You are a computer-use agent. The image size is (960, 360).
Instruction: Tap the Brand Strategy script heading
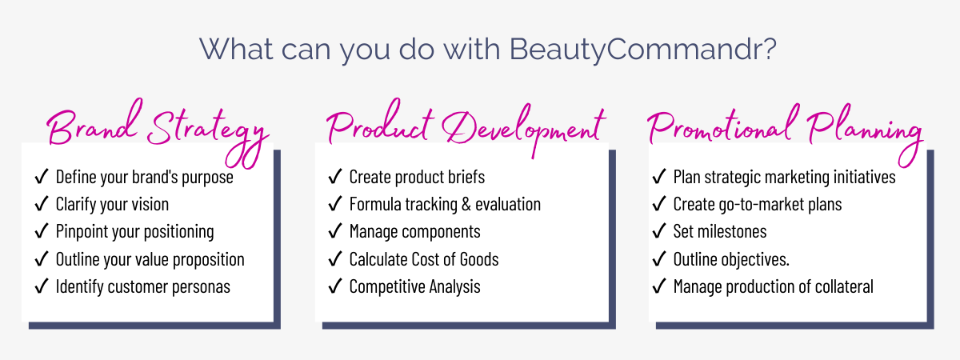click(x=155, y=129)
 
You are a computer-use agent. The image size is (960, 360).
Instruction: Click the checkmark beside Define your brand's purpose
click(x=42, y=177)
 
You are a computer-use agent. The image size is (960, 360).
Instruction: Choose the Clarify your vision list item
click(x=112, y=204)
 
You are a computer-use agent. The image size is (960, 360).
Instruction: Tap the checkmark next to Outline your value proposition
click(x=42, y=258)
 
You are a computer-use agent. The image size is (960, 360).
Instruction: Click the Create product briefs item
click(x=417, y=177)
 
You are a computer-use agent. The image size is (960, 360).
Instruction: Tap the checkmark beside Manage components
click(x=335, y=231)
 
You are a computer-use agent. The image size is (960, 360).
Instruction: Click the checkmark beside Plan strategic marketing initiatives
click(x=659, y=177)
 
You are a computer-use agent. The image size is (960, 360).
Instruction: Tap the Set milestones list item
click(x=719, y=231)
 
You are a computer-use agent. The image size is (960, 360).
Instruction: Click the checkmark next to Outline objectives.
click(x=659, y=258)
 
